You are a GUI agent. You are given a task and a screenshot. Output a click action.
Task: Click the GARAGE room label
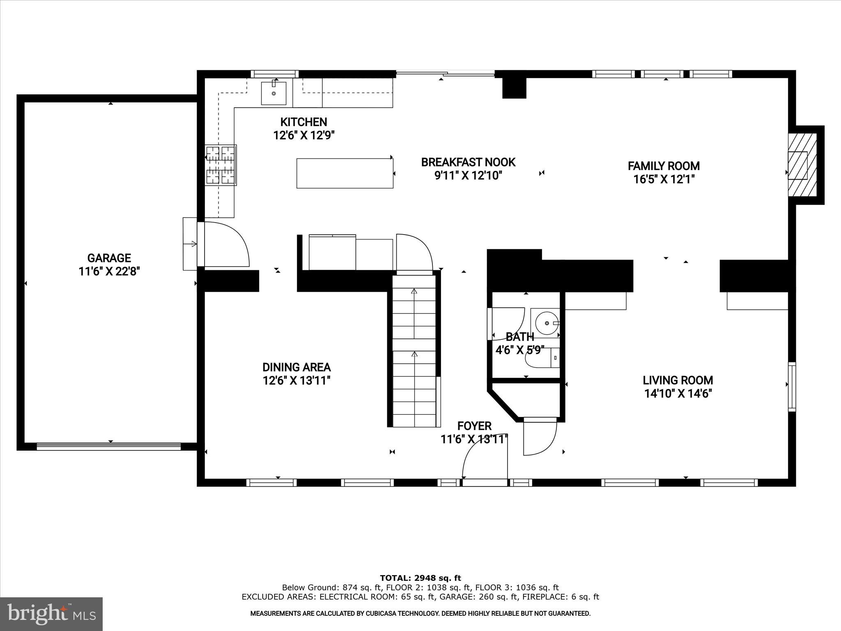[x=109, y=258]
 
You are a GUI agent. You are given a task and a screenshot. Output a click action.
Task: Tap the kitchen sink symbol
[x=274, y=93]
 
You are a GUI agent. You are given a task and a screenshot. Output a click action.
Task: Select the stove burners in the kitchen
[x=221, y=165]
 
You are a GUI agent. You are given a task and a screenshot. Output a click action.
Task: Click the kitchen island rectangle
[x=345, y=173]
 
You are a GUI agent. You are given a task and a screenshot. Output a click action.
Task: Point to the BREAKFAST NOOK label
[x=468, y=162]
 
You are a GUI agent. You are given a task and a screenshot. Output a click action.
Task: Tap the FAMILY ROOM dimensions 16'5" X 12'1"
[x=664, y=180]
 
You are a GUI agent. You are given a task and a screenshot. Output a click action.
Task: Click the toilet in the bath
[x=542, y=358]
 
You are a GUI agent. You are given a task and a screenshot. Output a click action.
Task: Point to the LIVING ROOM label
[x=678, y=380]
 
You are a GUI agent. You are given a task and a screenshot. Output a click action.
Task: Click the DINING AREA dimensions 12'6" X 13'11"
[x=296, y=381]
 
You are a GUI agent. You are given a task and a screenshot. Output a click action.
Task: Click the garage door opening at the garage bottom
[x=109, y=446]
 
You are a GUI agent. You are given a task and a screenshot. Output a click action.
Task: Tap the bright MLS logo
[x=51, y=614]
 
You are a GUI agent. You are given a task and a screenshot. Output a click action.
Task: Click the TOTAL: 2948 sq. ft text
[x=420, y=578]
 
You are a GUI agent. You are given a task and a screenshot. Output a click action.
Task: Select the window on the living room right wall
[x=791, y=386]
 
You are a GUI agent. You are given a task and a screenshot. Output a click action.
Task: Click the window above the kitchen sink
[x=275, y=74]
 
